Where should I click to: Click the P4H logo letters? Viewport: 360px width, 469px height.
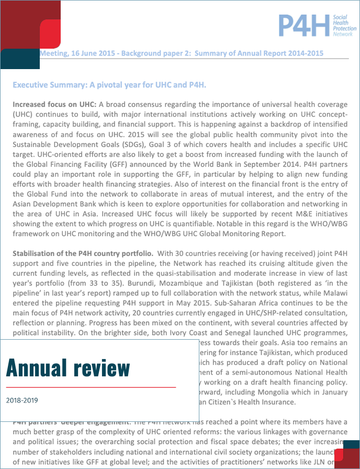click(304, 25)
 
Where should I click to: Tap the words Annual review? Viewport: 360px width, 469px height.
click(68, 368)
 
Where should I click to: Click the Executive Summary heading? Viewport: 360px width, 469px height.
click(109, 85)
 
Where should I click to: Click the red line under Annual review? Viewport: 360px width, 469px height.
click(91, 387)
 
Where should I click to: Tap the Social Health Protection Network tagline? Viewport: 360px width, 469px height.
click(343, 25)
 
